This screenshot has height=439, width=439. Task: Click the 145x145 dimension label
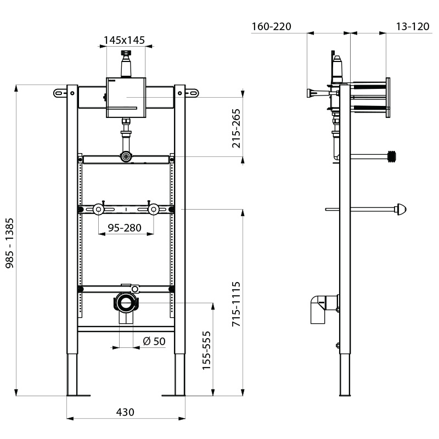(x=125, y=40)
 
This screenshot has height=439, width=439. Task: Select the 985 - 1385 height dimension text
(x=9, y=243)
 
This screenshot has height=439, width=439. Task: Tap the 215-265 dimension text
(x=237, y=127)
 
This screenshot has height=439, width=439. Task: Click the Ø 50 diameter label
(x=154, y=341)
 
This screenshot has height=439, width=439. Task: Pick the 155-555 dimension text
(x=206, y=351)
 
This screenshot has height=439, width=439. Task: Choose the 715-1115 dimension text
(x=237, y=305)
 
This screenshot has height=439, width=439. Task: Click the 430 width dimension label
(x=125, y=412)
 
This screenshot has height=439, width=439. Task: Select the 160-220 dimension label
(x=271, y=26)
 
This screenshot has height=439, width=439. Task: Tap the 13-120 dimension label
(x=412, y=26)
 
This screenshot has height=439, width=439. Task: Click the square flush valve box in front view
(x=126, y=98)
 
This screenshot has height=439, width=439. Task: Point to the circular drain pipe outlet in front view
(x=126, y=302)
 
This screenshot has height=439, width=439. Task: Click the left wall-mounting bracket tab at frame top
(x=60, y=93)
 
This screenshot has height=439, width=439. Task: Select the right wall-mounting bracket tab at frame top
(x=192, y=93)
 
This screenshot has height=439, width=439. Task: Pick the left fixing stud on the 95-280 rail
(x=98, y=209)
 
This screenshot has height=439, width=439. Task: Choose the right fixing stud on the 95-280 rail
(x=154, y=209)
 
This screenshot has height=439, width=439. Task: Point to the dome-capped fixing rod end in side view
(x=402, y=209)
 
